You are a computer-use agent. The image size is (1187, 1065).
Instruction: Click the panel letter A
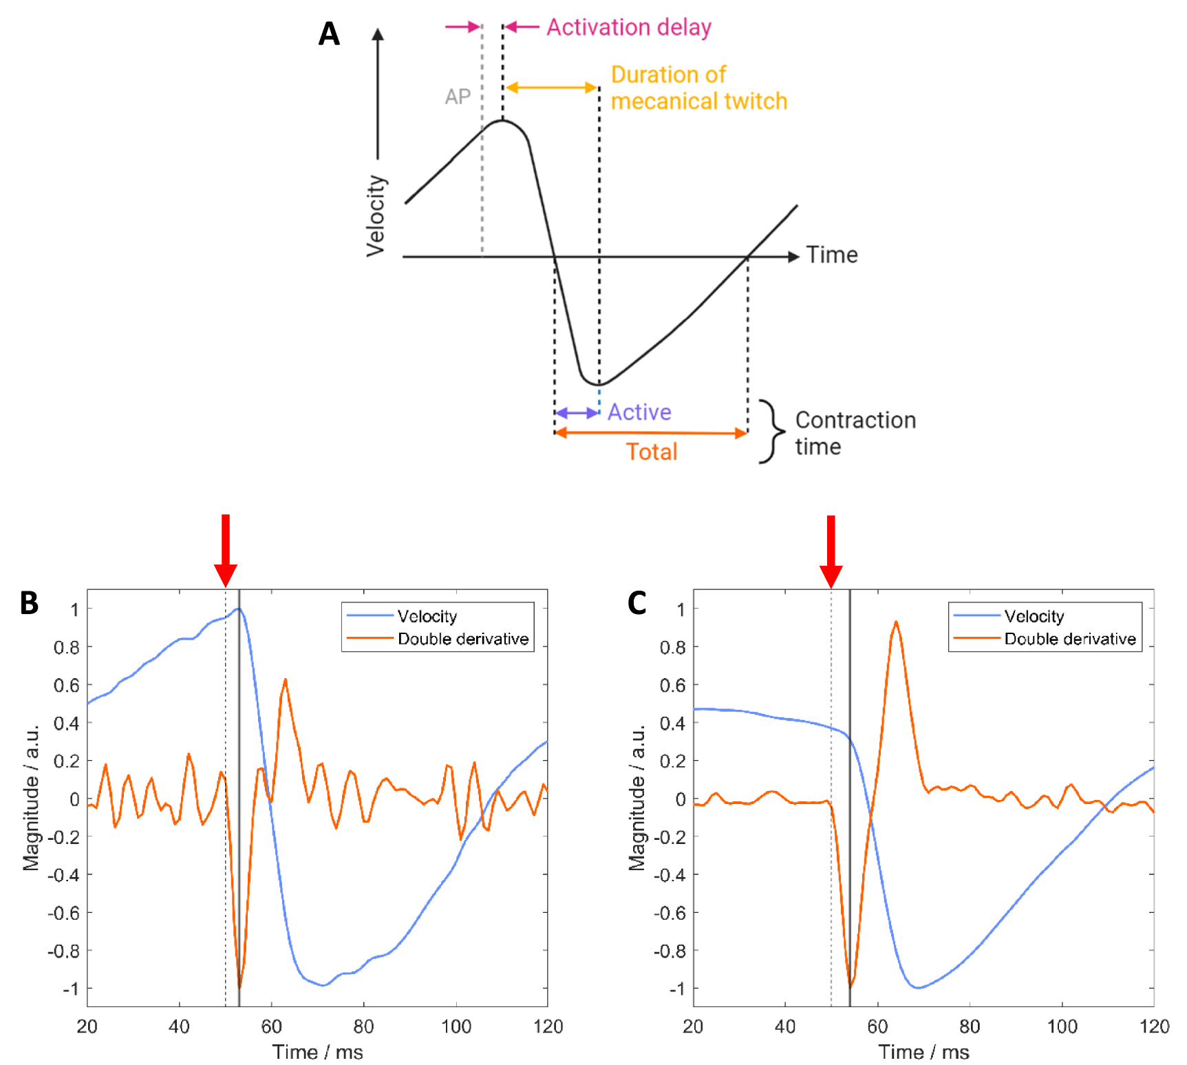click(x=329, y=34)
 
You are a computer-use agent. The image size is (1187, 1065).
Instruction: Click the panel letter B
click(x=29, y=603)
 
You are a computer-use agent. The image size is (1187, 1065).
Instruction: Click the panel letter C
click(x=637, y=603)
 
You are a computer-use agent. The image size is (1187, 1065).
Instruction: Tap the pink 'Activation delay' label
click(x=628, y=28)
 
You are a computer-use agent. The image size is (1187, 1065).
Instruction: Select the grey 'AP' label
click(x=458, y=96)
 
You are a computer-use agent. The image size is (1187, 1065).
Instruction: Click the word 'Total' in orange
click(x=651, y=452)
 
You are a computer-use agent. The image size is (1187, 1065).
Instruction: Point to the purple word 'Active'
click(x=639, y=412)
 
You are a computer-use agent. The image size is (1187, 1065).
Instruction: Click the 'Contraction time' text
click(x=855, y=433)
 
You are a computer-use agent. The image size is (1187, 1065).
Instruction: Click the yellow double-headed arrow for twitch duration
click(x=551, y=87)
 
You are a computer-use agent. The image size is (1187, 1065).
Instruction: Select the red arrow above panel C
click(x=831, y=549)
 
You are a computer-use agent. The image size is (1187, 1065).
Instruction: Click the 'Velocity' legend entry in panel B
click(x=427, y=616)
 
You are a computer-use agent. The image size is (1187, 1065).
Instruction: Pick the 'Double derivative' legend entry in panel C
click(x=1069, y=639)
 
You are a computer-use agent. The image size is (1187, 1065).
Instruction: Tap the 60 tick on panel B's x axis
click(x=271, y=1026)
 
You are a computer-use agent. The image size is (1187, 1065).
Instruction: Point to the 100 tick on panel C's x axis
click(x=1062, y=1026)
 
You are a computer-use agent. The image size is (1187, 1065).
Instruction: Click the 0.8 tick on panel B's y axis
click(x=67, y=647)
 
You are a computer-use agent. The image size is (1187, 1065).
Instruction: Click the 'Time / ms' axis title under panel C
click(x=923, y=1052)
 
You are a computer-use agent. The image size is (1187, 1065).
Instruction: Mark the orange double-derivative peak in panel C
click(x=895, y=622)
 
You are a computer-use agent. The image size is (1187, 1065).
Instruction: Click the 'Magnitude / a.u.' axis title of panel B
click(x=31, y=797)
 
